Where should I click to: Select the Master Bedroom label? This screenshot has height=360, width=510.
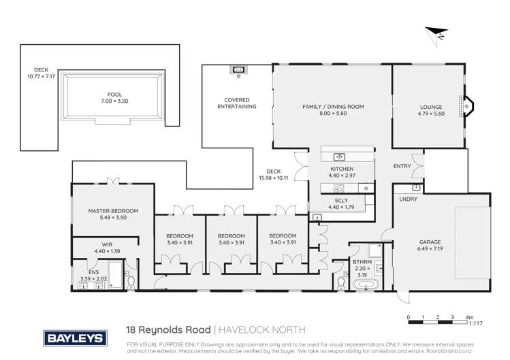tap(114, 210)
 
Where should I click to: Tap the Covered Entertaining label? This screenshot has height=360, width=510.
tap(236, 103)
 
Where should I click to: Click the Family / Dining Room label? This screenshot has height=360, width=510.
tap(334, 107)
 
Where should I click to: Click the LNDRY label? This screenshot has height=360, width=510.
tap(409, 199)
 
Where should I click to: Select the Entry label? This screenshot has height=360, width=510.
tap(402, 166)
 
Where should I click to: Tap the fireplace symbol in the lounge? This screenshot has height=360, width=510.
tap(468, 105)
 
